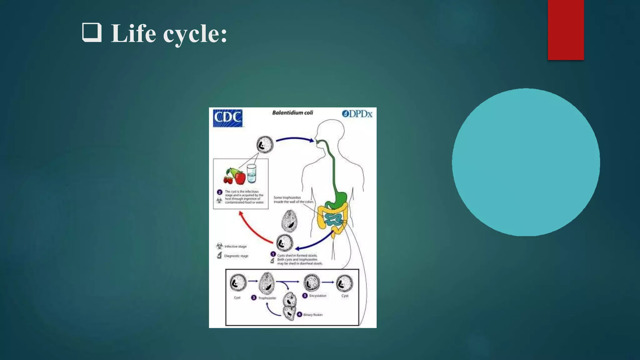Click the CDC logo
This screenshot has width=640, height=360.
coord(227,118)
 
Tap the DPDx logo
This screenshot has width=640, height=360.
coord(357,114)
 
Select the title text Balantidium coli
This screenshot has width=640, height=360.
coord(292,112)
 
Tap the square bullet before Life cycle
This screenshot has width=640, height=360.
coord(92,32)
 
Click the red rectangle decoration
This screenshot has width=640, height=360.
coord(566,30)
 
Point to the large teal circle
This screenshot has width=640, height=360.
coord(526,162)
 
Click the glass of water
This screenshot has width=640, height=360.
coord(251,174)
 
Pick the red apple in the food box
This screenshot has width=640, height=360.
coord(240,178)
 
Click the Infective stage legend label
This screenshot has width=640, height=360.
coord(235,247)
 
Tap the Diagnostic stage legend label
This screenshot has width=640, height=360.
coord(236,256)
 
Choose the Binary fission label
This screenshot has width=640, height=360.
coord(313,315)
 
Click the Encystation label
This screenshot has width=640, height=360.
coord(317,296)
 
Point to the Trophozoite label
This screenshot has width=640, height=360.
coord(267,298)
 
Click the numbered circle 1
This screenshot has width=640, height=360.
coord(273,254)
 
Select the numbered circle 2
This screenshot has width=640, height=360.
coord(219,192)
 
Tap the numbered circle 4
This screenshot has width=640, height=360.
coord(299,314)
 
